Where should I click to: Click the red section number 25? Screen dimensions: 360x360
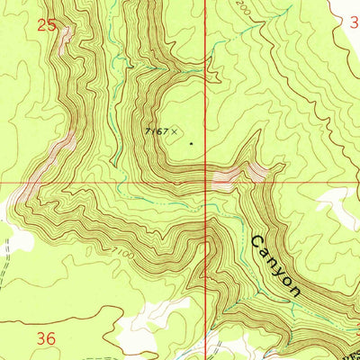click(47, 27)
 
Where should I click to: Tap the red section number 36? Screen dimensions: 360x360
click(47, 337)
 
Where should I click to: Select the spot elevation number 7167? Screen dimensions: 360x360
click(157, 131)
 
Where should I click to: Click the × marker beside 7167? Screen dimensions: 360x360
click(176, 131)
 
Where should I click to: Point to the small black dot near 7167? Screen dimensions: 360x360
click(191, 142)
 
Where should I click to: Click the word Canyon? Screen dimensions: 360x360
click(274, 266)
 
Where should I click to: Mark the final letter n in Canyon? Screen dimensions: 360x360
click(294, 290)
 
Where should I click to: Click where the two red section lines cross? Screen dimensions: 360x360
click(206, 179)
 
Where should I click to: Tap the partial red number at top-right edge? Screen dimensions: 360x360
click(354, 27)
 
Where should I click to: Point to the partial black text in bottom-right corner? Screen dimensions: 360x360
click(346, 351)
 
